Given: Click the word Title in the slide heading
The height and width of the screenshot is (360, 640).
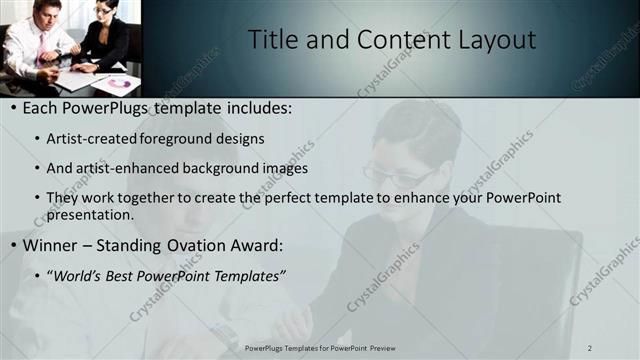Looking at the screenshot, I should click(x=271, y=39).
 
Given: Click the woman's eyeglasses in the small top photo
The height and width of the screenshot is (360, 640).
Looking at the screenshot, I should click(x=102, y=10).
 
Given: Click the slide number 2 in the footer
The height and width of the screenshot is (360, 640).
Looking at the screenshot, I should click(x=589, y=348).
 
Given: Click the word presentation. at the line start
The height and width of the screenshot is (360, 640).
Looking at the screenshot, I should click(x=89, y=214).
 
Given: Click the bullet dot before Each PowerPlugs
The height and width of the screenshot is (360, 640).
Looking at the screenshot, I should click(x=11, y=108).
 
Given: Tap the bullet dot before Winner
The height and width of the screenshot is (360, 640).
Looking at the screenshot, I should click(x=11, y=245).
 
